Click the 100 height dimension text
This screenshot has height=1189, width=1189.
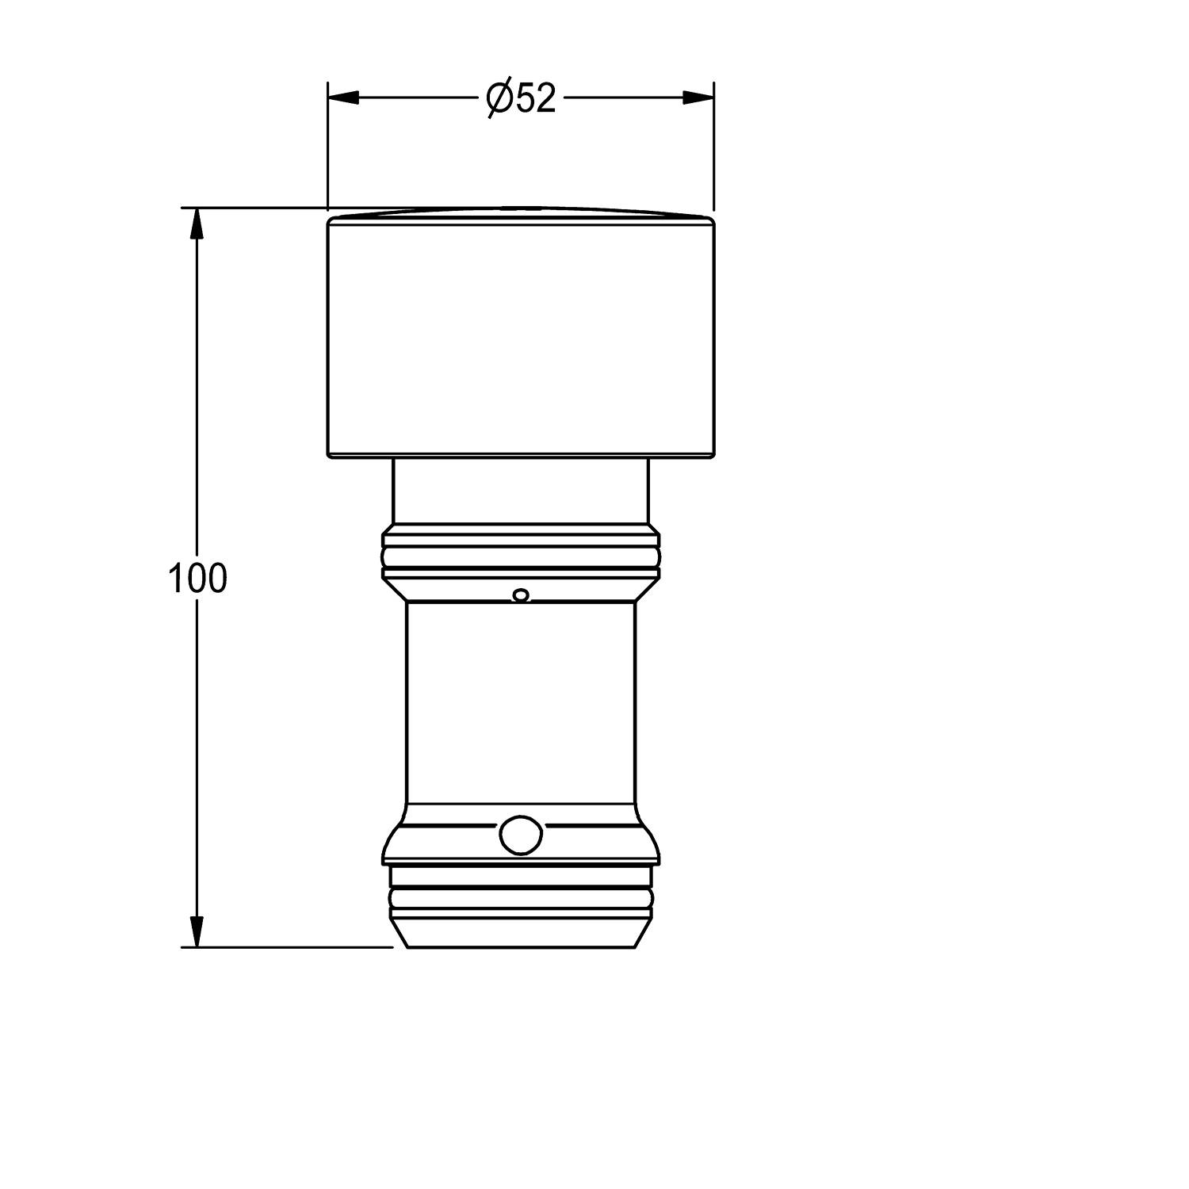pyautogui.click(x=197, y=579)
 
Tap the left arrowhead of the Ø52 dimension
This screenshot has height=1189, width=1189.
pyautogui.click(x=344, y=97)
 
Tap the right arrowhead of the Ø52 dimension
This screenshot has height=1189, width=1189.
pyautogui.click(x=698, y=97)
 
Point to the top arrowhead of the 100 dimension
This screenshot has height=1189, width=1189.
pyautogui.click(x=197, y=224)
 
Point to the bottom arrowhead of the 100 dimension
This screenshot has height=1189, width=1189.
pyautogui.click(x=197, y=931)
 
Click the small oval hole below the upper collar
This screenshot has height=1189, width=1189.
pyautogui.click(x=520, y=594)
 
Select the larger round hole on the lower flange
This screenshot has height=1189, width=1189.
pyautogui.click(x=520, y=835)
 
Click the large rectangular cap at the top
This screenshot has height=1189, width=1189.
pyautogui.click(x=521, y=338)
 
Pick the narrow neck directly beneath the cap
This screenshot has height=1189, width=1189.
pyautogui.click(x=521, y=491)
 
